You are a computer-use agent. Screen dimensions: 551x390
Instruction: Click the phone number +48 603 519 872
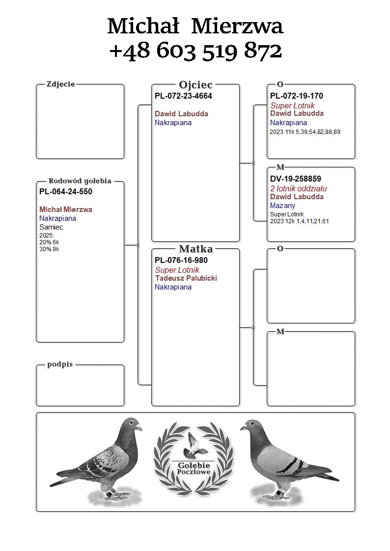(195, 51)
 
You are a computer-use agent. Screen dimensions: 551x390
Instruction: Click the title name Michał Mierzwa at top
(195, 26)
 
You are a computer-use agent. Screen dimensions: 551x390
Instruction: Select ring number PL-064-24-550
(66, 192)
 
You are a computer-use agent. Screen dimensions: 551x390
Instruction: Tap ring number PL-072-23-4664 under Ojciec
(183, 96)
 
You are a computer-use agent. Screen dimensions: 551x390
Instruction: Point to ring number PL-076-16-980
(181, 261)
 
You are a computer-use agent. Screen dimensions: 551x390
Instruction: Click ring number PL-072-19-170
(297, 96)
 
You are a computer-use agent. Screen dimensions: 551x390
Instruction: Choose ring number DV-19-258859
(296, 179)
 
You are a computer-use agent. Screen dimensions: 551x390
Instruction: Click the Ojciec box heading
(195, 85)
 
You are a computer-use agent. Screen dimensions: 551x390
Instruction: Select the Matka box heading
(195, 249)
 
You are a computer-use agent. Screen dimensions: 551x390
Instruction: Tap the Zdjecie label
(60, 84)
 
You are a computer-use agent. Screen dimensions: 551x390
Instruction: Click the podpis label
(60, 365)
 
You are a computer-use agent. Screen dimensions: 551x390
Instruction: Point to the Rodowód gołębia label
(80, 181)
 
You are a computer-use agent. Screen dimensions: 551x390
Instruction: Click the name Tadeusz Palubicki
(186, 278)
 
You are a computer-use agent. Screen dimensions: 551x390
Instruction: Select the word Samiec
(51, 227)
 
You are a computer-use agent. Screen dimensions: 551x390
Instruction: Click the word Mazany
(283, 206)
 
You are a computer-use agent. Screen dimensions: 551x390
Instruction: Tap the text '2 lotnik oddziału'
(299, 188)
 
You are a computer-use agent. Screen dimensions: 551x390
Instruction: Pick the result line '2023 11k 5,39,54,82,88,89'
(305, 132)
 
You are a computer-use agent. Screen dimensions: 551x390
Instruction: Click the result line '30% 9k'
(49, 249)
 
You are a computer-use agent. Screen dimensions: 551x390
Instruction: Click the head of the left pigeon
(132, 425)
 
